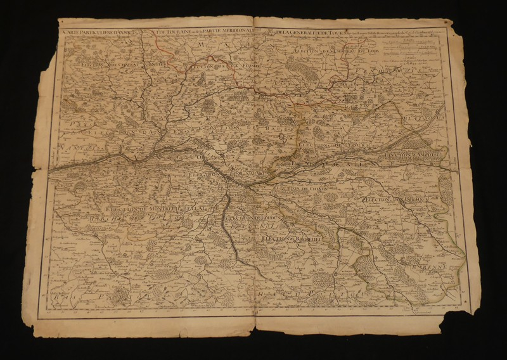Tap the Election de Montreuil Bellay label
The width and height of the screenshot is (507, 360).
(x=145, y=209)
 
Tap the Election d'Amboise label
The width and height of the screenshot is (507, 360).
(x=411, y=154)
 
